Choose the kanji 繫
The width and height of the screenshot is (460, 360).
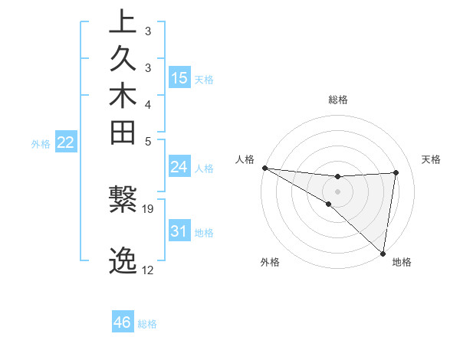[122, 200]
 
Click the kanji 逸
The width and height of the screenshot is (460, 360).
[122, 261]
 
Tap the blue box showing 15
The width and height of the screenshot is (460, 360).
[179, 77]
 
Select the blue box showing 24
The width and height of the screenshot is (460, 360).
[179, 167]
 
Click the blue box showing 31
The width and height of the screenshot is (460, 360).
[179, 231]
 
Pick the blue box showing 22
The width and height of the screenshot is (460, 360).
[66, 142]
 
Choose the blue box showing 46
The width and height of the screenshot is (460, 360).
[122, 322]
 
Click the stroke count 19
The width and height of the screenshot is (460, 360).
[148, 208]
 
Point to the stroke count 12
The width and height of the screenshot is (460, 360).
[148, 270]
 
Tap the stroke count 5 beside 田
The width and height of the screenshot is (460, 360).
[147, 141]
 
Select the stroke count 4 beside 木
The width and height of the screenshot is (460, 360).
[147, 103]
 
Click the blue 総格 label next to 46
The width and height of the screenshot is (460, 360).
[147, 324]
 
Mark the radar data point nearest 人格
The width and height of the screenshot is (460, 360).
[264, 167]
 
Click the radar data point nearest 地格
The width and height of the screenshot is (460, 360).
[383, 253]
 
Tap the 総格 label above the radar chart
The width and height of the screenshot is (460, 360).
[337, 100]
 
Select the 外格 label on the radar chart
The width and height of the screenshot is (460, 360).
[270, 262]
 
